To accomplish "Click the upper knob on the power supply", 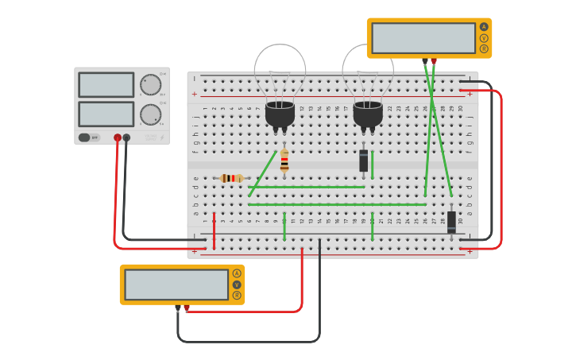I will coord(150,85).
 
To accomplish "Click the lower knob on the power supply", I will coord(150,114).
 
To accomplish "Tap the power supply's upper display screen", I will coord(106,84).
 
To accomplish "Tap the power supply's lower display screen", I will coord(106,114).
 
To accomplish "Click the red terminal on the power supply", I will coord(118,137).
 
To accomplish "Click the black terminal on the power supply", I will coord(126,137).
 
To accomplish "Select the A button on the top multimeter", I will coord(484,27).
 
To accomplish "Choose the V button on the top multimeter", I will coord(484,38).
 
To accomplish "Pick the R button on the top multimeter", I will coord(484,49).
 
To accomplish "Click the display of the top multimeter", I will coord(423,38).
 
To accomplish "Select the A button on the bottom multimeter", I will coord(237,273).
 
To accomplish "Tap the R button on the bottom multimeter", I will coord(237,296).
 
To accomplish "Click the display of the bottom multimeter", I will coord(176,285).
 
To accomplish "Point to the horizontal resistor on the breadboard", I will coord(231,178).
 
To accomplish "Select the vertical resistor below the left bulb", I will coord(284,161).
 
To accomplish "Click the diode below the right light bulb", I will coord(364,161).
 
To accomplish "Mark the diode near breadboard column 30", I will coord(451,222).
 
